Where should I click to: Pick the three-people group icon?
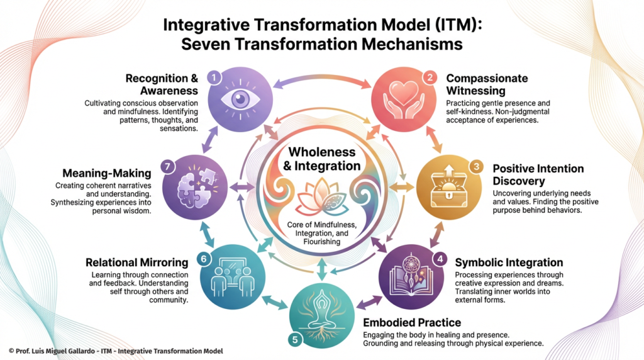(229, 276)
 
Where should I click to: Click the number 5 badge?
(295, 339)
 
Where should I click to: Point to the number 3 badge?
(477, 167)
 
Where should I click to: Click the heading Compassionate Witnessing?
(487, 85)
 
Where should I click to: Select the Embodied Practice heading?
(412, 323)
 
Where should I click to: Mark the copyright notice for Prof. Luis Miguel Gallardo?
(116, 351)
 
